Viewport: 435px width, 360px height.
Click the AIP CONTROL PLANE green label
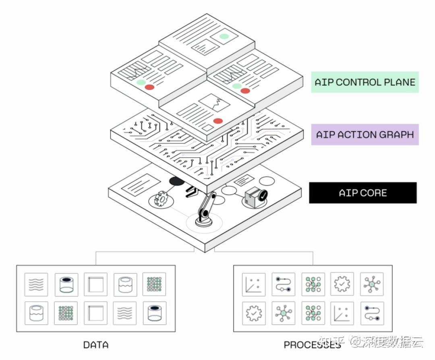click(x=365, y=82)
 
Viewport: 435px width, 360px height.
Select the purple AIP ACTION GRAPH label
click(x=365, y=134)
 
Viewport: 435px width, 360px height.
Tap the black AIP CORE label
click(x=362, y=193)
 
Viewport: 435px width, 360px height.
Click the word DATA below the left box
click(x=96, y=345)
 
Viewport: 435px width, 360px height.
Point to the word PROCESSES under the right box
click(x=312, y=345)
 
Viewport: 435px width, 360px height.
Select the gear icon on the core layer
click(x=161, y=199)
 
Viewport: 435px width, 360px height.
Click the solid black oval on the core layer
click(x=177, y=182)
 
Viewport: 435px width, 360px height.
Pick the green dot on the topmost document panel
click(x=224, y=37)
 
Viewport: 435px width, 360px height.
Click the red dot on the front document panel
click(x=218, y=121)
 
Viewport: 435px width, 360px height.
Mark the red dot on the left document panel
click(x=149, y=87)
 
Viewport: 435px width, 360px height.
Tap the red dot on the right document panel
click(x=245, y=91)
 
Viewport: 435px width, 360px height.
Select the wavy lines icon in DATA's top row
click(x=36, y=284)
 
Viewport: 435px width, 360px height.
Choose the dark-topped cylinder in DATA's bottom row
click(x=154, y=313)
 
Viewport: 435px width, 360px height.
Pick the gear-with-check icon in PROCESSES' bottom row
click(x=254, y=313)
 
